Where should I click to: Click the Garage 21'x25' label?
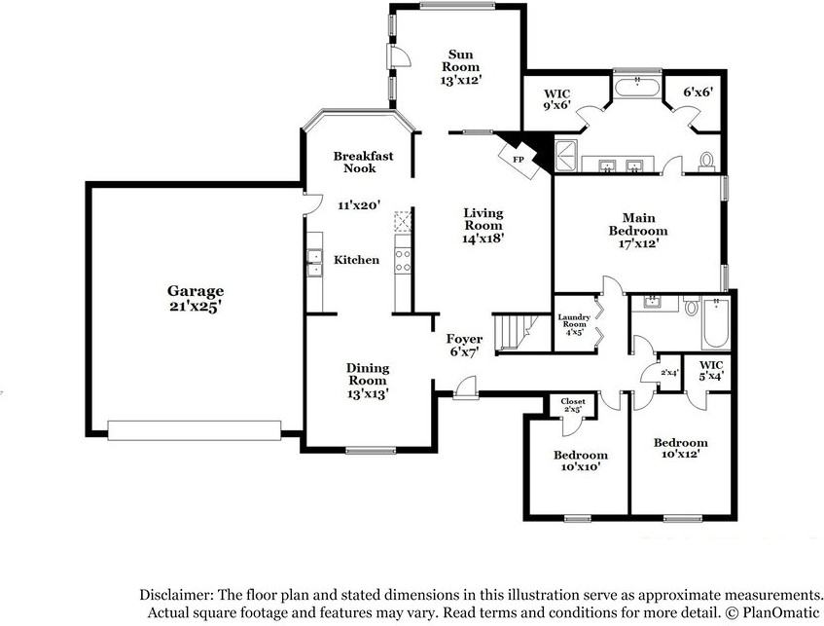[x=196, y=298]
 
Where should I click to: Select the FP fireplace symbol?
[x=519, y=159]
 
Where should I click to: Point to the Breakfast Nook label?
[x=354, y=162]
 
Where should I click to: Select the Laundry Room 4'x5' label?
[x=574, y=323]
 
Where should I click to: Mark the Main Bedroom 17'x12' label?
[x=638, y=231]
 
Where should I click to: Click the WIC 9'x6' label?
[x=555, y=98]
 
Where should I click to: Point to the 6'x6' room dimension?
[x=698, y=92]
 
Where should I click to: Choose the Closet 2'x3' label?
[x=573, y=404]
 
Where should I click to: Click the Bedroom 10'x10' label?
[x=581, y=460]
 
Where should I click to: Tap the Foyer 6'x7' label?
[x=464, y=346]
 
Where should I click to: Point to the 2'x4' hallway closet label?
[x=668, y=372]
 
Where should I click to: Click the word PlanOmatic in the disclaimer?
[x=779, y=612]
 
